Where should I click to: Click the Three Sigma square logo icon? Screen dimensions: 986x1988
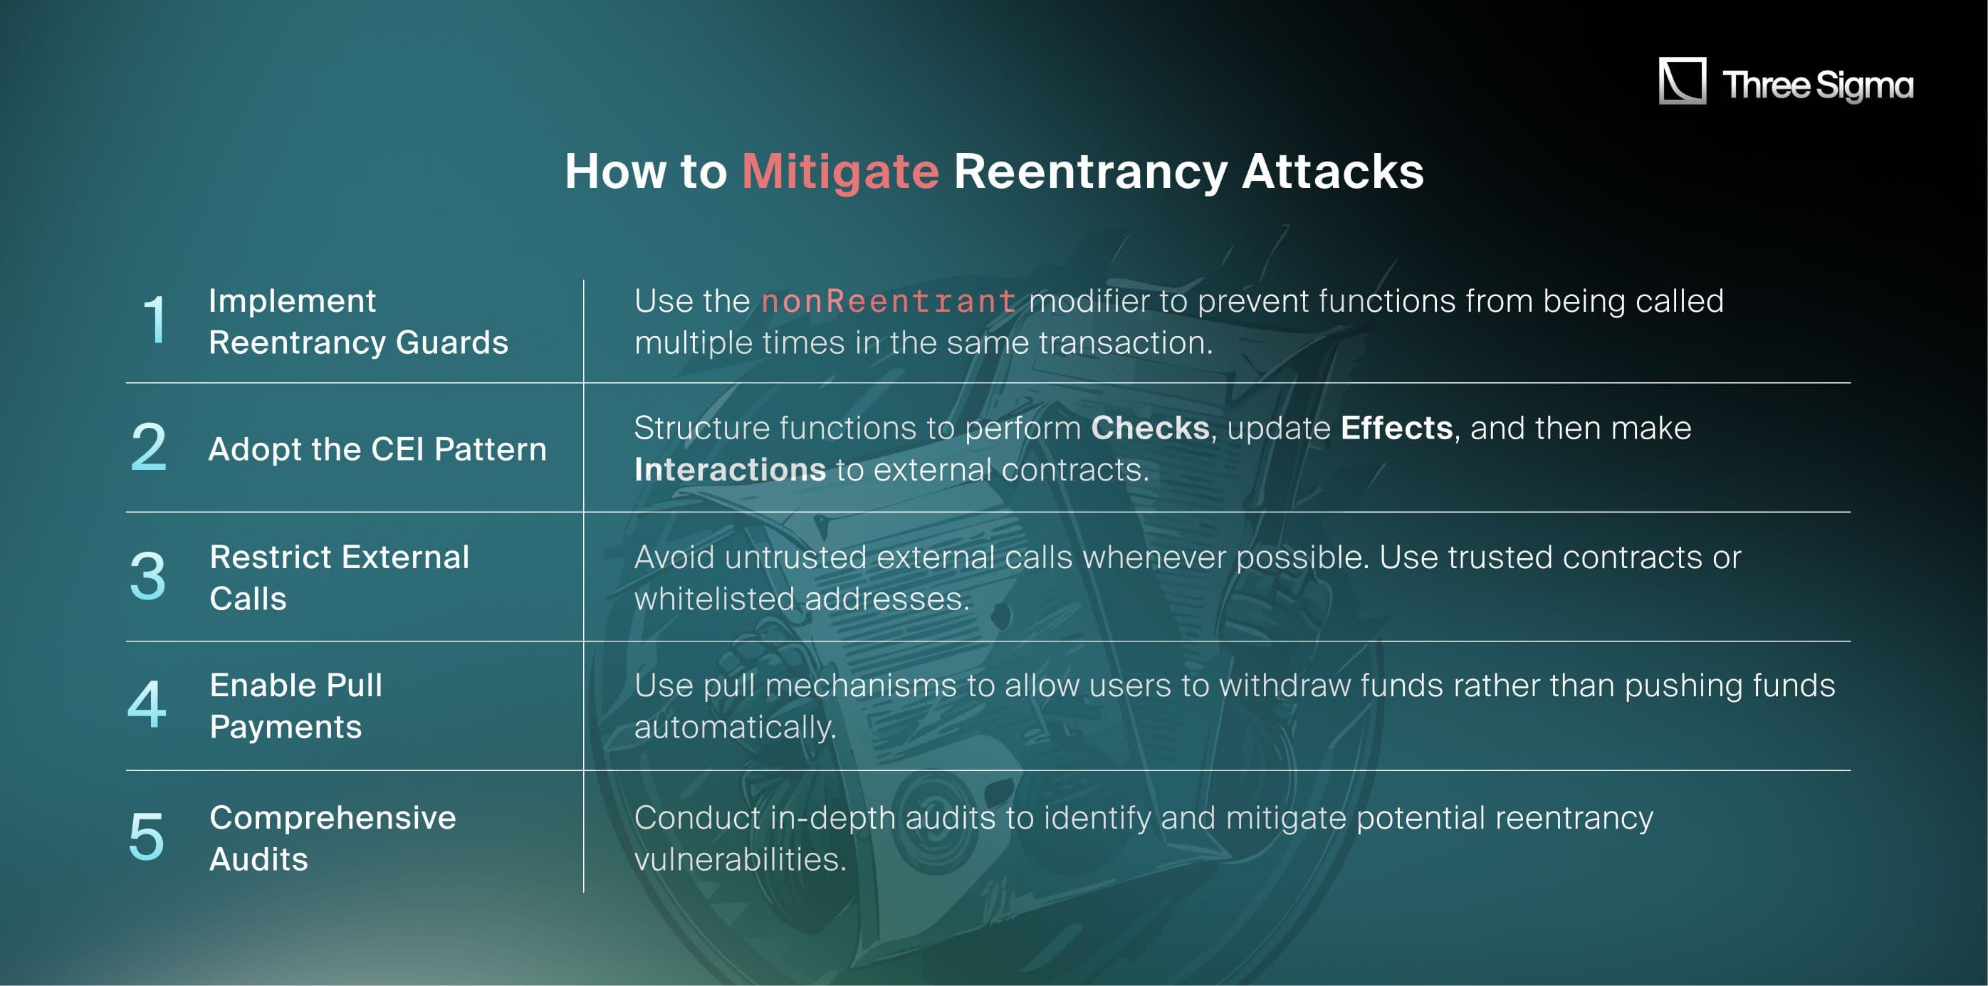coord(1683,80)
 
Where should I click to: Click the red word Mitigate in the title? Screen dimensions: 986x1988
coord(840,172)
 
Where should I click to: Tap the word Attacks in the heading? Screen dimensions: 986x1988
coord(1333,172)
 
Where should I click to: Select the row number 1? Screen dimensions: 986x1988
coord(155,319)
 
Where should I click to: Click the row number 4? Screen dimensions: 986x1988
coord(147,703)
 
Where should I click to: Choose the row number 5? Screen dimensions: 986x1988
coord(147,836)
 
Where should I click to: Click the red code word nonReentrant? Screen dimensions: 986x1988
coord(889,301)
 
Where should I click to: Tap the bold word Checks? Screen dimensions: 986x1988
coord(1150,428)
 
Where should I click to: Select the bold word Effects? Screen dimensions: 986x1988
coord(1396,428)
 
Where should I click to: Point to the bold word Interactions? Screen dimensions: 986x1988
coord(730,470)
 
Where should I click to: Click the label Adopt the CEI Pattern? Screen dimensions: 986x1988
coord(377,449)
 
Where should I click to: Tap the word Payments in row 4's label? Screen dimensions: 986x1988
coord(286,727)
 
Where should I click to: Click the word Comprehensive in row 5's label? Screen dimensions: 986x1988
coord(333,818)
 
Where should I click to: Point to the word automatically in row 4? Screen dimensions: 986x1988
coord(735,727)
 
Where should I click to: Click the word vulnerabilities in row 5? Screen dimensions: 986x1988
coord(739,859)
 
